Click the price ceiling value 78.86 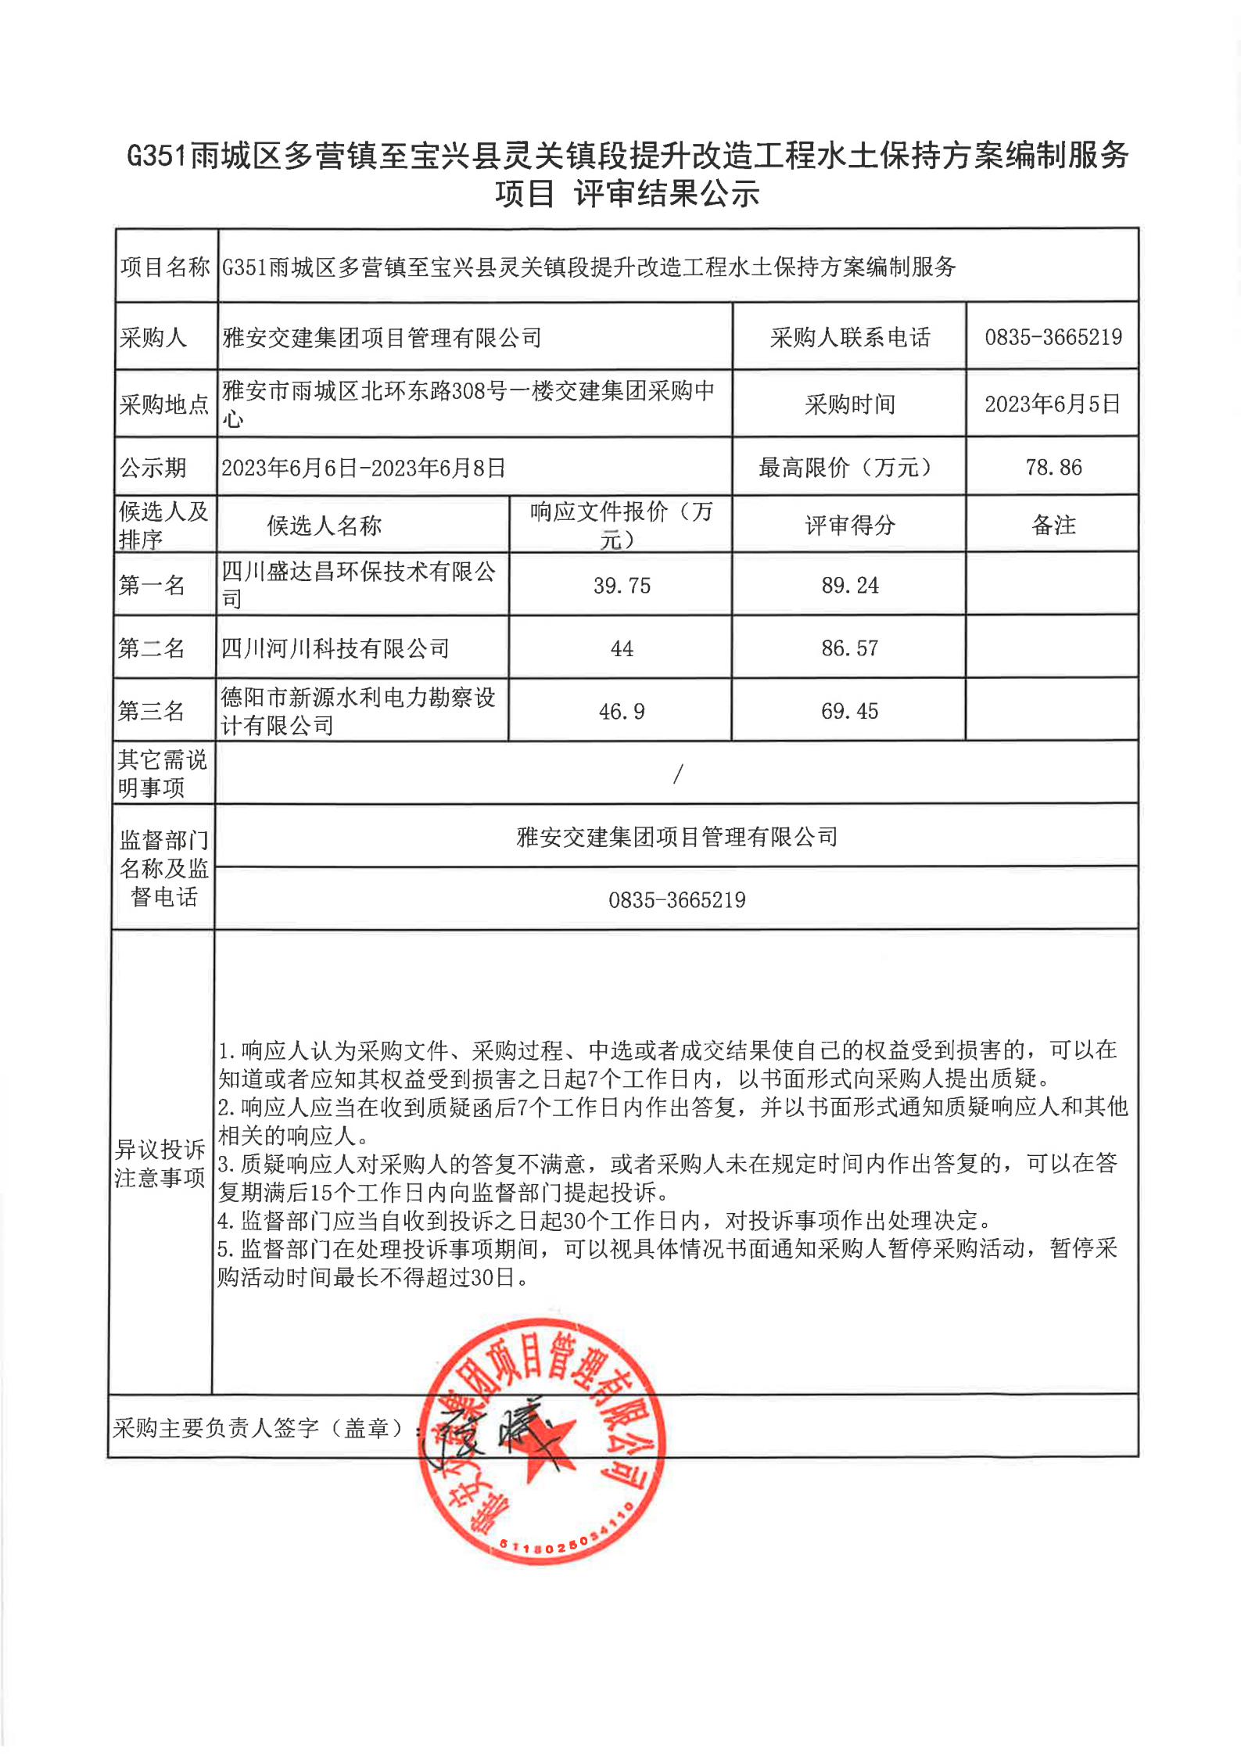click(x=1053, y=468)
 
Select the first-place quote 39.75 click(x=622, y=586)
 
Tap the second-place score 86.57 click(x=849, y=648)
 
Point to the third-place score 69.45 click(x=849, y=712)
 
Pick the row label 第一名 click(x=152, y=585)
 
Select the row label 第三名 click(x=152, y=712)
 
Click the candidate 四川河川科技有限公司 click(x=335, y=648)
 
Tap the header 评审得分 click(x=850, y=526)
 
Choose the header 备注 click(x=1053, y=526)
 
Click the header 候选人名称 click(x=324, y=526)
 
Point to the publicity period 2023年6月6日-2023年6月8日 click(x=364, y=468)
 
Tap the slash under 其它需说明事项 click(x=677, y=774)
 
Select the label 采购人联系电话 click(x=850, y=338)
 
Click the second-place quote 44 click(x=622, y=649)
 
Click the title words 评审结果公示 click(x=666, y=194)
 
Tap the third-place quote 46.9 click(x=622, y=712)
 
